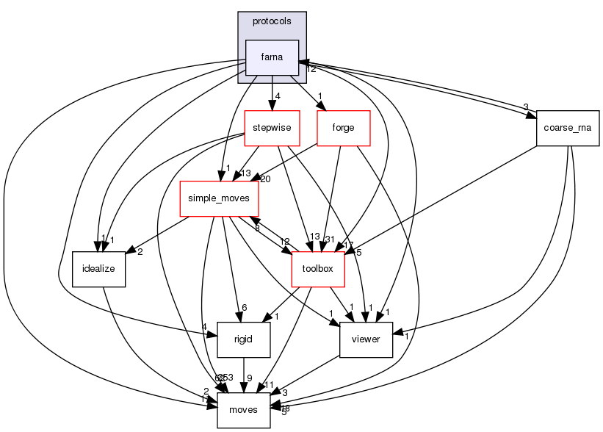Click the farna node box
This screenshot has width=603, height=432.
pos(272,57)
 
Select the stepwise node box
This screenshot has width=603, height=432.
pos(272,128)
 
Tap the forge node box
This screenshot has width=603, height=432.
pos(343,128)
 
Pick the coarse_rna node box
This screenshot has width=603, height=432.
pos(568,128)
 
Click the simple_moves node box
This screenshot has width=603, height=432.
pos(219,198)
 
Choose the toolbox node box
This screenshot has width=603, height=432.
pos(318,269)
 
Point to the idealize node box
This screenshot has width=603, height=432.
pos(99,269)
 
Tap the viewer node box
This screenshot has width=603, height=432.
pos(365,339)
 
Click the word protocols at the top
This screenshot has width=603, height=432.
pos(272,21)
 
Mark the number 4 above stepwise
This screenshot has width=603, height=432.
pos(277,96)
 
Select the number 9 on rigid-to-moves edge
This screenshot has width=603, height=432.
pos(249,378)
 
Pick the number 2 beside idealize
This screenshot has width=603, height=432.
pos(139,252)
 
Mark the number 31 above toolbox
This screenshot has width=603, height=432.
pos(329,237)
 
